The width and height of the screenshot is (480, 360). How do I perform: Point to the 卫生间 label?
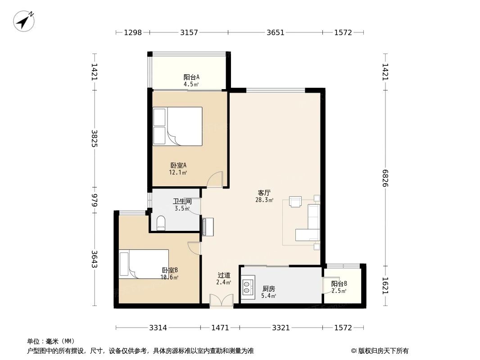tap(182, 202)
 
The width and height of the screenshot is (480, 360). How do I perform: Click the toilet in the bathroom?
tap(161, 222)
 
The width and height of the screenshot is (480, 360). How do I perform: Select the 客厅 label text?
tap(264, 193)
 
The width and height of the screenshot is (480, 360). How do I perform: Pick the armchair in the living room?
tap(295, 202)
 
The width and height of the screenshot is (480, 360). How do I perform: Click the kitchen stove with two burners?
tap(248, 287)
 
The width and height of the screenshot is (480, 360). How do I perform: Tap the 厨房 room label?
tap(269, 288)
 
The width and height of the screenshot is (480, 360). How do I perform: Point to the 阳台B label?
tap(339, 284)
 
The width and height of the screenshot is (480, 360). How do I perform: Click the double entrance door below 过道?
tap(222, 301)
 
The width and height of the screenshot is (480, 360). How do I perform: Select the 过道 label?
tap(224, 275)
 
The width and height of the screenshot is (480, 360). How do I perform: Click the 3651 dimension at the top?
tap(275, 32)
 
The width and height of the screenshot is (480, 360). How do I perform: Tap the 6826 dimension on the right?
tap(385, 179)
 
